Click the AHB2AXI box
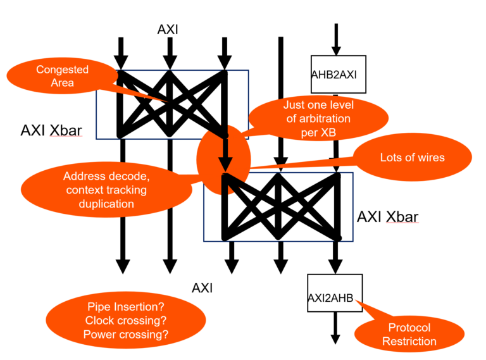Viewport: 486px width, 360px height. click(335, 75)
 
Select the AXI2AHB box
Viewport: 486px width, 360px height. click(335, 297)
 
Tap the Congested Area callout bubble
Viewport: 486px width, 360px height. click(62, 76)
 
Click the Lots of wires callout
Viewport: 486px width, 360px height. click(412, 158)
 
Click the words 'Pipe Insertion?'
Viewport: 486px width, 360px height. click(126, 307)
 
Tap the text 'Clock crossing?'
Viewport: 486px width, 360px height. click(126, 321)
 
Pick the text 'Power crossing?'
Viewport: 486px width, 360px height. click(126, 335)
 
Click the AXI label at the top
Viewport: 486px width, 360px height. click(168, 29)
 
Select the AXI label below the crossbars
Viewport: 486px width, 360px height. click(202, 289)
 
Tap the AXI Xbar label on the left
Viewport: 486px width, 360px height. click(51, 130)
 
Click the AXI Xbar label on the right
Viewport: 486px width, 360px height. click(387, 217)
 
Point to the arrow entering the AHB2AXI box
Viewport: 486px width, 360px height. click(336, 40)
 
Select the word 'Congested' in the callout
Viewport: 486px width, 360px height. click(62, 70)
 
